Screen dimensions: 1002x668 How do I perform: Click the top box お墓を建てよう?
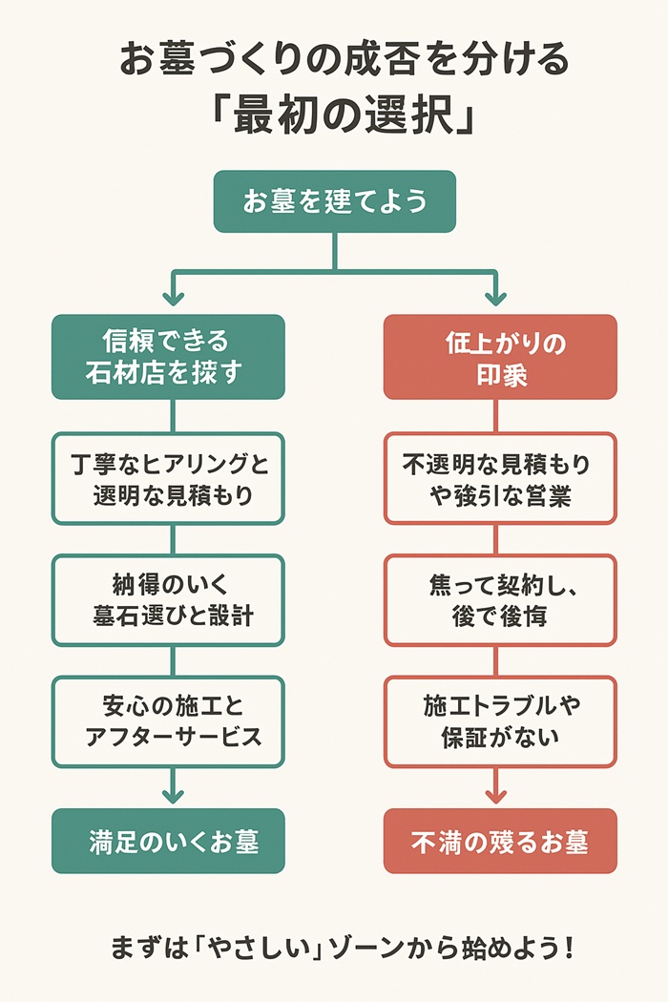click(x=334, y=201)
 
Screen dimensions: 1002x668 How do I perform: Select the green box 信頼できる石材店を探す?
click(x=168, y=357)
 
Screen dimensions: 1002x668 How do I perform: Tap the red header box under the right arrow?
click(x=500, y=357)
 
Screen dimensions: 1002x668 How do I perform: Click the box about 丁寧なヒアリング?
click(x=168, y=478)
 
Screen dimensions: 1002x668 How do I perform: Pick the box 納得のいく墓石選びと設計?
click(x=168, y=599)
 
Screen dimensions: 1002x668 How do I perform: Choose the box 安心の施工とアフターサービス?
click(x=168, y=721)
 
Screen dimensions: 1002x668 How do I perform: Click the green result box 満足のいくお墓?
click(x=168, y=841)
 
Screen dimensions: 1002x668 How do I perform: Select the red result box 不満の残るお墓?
click(x=500, y=841)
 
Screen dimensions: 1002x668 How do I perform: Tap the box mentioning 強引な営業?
click(x=500, y=478)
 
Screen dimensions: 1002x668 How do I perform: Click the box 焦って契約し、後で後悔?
click(x=500, y=599)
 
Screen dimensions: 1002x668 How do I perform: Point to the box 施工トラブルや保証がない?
click(x=500, y=721)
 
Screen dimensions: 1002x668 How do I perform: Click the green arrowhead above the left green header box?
click(x=172, y=297)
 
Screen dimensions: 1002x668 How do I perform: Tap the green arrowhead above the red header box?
click(x=495, y=297)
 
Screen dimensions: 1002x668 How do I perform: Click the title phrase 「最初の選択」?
click(x=334, y=115)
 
